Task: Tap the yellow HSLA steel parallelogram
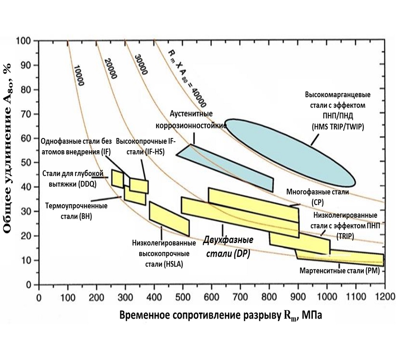[x=169, y=219]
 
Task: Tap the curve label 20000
[x=110, y=69]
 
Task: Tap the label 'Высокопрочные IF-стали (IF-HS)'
[x=140, y=146]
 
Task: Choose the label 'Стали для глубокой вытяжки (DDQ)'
[x=72, y=179]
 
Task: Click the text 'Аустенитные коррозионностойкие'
[x=191, y=120]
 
